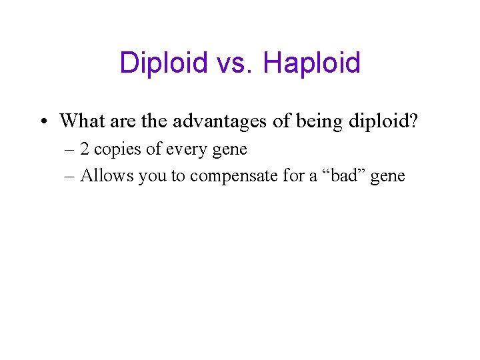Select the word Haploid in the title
pyautogui.click(x=311, y=63)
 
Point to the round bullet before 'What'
pyautogui.click(x=43, y=121)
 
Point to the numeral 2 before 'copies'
pyautogui.click(x=85, y=149)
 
